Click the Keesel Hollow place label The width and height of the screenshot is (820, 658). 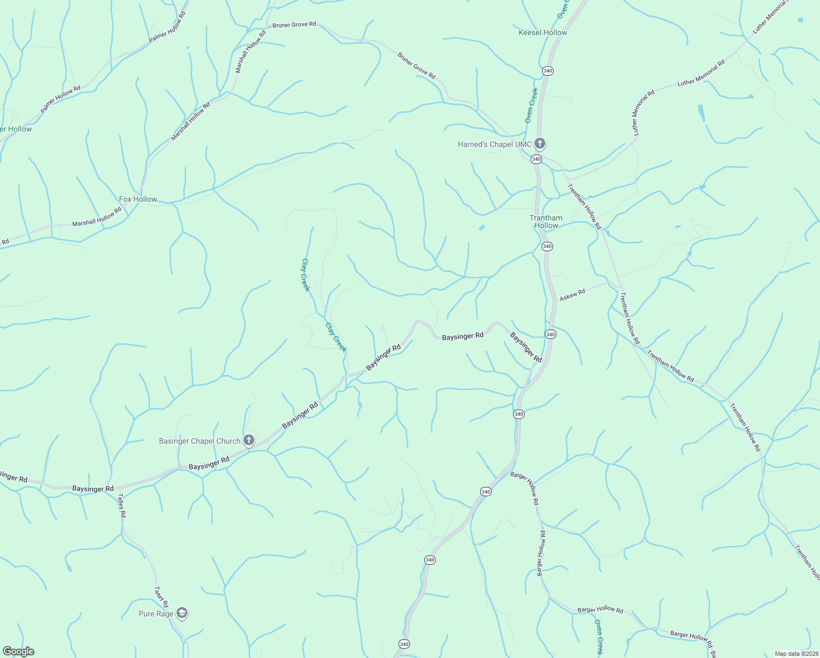[543, 33]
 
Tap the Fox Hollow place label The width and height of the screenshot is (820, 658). [138, 200]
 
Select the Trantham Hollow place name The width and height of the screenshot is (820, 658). [546, 222]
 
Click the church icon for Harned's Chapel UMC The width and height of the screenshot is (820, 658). [540, 144]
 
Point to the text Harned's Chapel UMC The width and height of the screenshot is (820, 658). [494, 145]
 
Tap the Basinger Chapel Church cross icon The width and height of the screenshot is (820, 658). [249, 440]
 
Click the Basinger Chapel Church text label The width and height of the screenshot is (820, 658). [200, 441]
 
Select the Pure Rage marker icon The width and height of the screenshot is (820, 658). [183, 613]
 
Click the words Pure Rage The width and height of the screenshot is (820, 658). [156, 614]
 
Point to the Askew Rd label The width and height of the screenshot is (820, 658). [572, 295]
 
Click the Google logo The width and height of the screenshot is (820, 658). [18, 651]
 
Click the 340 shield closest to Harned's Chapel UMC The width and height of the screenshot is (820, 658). [536, 159]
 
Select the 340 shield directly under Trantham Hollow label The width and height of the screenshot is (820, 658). [547, 246]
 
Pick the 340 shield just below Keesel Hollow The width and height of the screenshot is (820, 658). [548, 71]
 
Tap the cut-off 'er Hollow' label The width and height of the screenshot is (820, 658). [16, 129]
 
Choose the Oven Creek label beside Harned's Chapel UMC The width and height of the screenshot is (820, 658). [531, 105]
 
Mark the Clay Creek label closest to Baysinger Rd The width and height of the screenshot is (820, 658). [336, 337]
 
